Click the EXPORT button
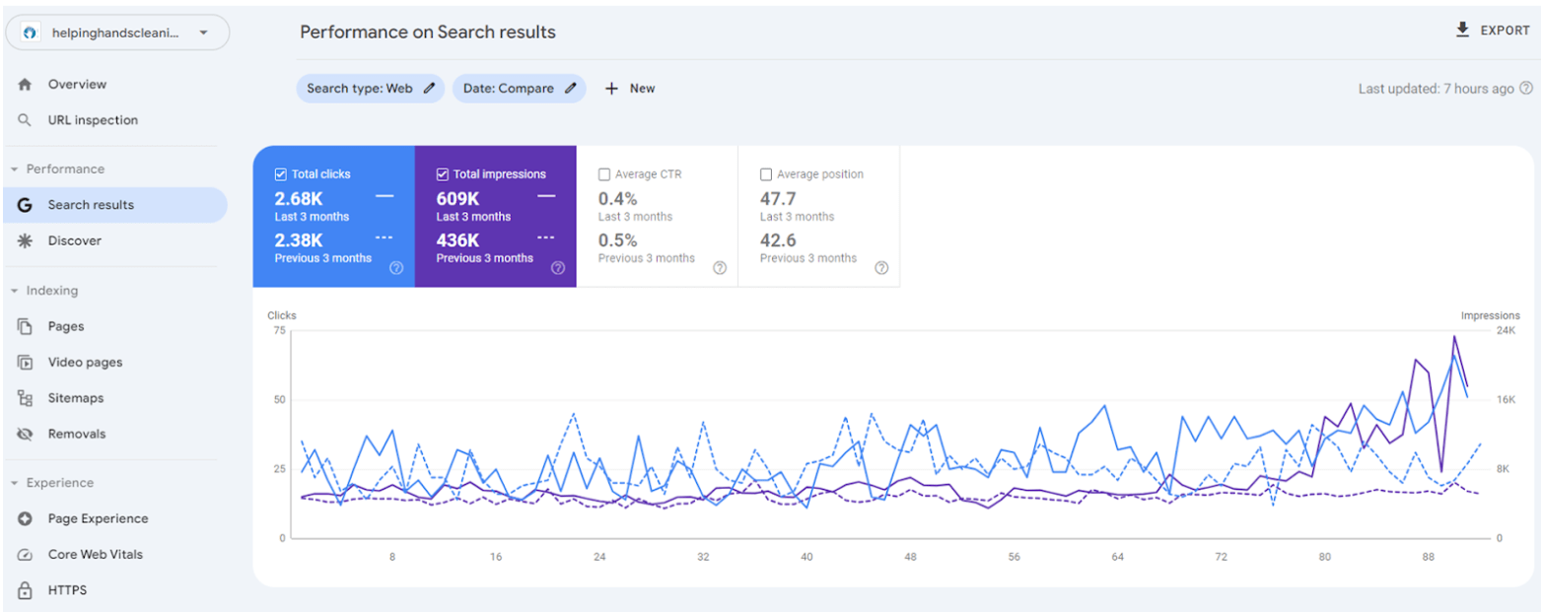(1493, 31)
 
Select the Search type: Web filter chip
(370, 89)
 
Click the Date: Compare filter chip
(519, 89)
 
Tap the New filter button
(630, 89)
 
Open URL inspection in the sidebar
(93, 120)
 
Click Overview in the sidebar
(77, 85)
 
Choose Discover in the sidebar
(75, 240)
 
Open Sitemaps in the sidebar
(76, 398)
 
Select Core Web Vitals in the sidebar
(95, 555)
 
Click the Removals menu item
(77, 434)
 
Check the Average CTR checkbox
(604, 174)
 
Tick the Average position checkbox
(766, 174)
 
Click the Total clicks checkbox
(281, 174)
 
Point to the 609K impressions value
(457, 198)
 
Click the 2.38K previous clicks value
(299, 239)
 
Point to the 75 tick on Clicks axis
(278, 330)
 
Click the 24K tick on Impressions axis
(1505, 330)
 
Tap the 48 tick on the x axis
(910, 557)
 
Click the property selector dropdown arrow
(203, 33)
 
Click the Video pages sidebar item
(85, 363)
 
